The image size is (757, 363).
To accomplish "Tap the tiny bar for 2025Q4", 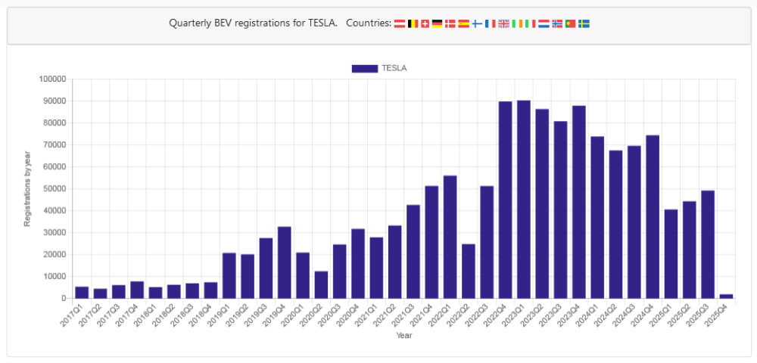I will (726, 296).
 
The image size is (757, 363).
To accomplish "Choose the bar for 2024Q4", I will (653, 216).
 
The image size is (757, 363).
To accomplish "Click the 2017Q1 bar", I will (82, 292).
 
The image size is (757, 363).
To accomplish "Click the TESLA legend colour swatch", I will (364, 68).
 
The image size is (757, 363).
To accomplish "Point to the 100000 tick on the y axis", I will (52, 79).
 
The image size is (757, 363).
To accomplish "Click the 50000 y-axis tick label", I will (55, 188).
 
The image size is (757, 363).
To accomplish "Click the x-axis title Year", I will (403, 335).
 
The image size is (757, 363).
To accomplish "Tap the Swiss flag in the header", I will (425, 23).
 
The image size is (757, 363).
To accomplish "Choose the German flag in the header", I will (438, 23).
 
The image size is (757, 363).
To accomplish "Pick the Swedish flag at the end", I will (584, 23).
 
